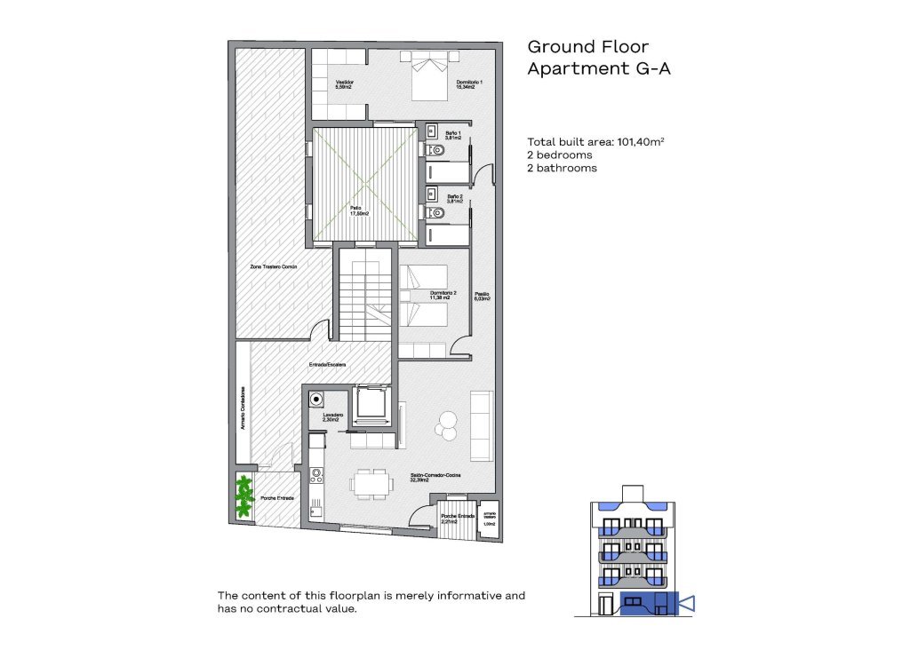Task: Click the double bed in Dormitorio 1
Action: [x=429, y=76]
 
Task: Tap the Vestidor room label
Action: [x=345, y=84]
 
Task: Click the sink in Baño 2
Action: [x=432, y=193]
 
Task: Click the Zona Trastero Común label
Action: [x=272, y=266]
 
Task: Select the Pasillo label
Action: [x=481, y=297]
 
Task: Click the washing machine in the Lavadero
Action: [x=315, y=400]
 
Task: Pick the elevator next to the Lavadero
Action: [x=370, y=405]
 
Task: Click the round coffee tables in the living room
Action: [x=446, y=424]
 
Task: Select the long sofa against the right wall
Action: [x=481, y=425]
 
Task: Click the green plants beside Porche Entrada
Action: [x=243, y=497]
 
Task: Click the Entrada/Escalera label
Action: [x=327, y=365]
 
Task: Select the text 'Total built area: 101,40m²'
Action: [x=596, y=141]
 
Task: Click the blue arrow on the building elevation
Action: [x=686, y=605]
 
